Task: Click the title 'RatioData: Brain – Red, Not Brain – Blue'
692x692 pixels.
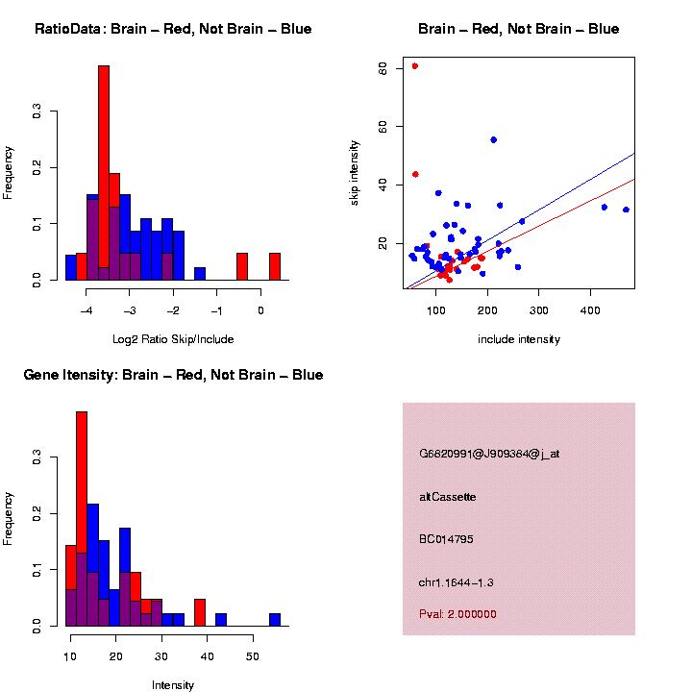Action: point(173,30)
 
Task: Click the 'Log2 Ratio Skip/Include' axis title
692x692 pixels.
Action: point(173,339)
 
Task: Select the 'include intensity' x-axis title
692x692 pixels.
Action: point(519,339)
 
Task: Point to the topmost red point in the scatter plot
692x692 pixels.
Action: point(414,66)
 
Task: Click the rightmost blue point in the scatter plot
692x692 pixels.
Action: point(626,210)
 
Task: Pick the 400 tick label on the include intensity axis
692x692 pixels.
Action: point(590,310)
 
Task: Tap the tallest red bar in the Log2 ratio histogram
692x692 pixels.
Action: point(104,173)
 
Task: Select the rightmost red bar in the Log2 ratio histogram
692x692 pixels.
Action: point(275,266)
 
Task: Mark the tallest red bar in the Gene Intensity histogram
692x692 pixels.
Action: point(82,519)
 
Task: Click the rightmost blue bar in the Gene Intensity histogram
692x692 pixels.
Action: point(275,620)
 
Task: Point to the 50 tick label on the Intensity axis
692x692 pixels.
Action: point(252,657)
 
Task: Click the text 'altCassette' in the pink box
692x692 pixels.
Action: point(448,497)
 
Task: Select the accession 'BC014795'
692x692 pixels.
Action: point(447,539)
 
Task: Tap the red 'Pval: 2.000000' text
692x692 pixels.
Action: point(457,614)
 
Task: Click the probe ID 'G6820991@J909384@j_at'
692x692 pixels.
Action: point(489,454)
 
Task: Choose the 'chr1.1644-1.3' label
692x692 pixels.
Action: point(457,582)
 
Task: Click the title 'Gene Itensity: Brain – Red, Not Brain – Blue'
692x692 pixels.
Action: point(173,375)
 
